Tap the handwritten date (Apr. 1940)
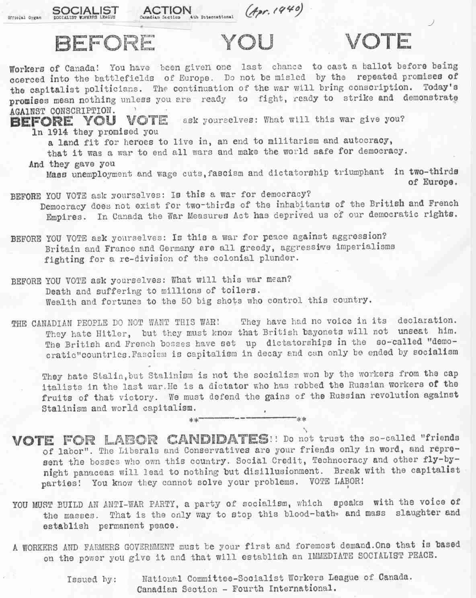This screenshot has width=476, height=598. [x=274, y=11]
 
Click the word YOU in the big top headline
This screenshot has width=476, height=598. [x=248, y=42]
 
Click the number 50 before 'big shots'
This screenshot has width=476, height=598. [x=189, y=301]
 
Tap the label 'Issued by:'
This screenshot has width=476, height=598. [x=92, y=580]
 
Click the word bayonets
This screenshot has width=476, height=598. [x=328, y=332]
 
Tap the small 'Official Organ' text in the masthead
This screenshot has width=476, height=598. [x=25, y=18]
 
